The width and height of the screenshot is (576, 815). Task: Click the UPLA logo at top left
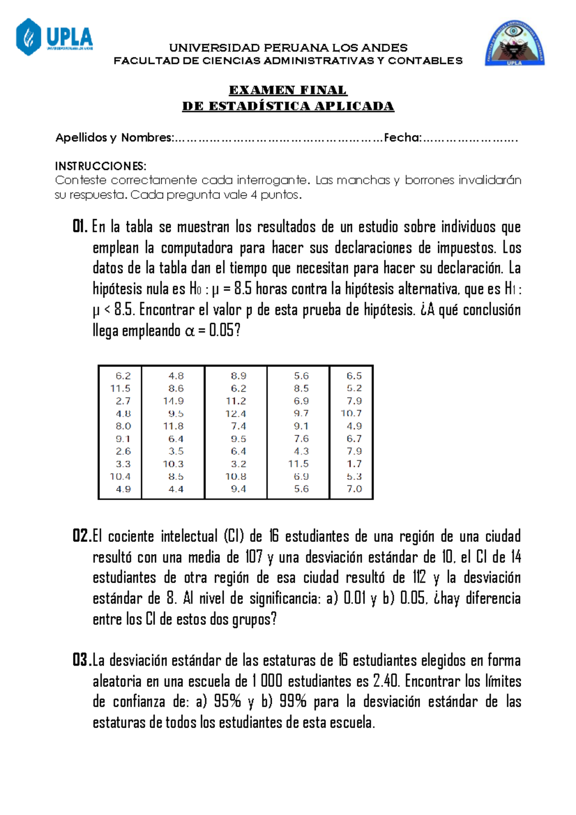click(54, 37)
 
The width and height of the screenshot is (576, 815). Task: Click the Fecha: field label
click(403, 138)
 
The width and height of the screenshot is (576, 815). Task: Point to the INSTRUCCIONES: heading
click(100, 166)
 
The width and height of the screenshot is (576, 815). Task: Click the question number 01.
click(80, 227)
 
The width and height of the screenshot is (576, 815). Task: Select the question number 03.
click(82, 660)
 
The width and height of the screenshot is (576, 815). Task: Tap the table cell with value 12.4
click(236, 413)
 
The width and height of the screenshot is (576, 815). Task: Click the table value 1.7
click(354, 464)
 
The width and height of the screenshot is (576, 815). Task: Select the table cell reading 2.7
click(123, 401)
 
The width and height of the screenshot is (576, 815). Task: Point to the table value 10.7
click(351, 413)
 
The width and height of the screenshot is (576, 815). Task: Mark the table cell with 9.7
click(301, 413)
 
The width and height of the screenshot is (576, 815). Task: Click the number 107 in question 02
click(253, 557)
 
